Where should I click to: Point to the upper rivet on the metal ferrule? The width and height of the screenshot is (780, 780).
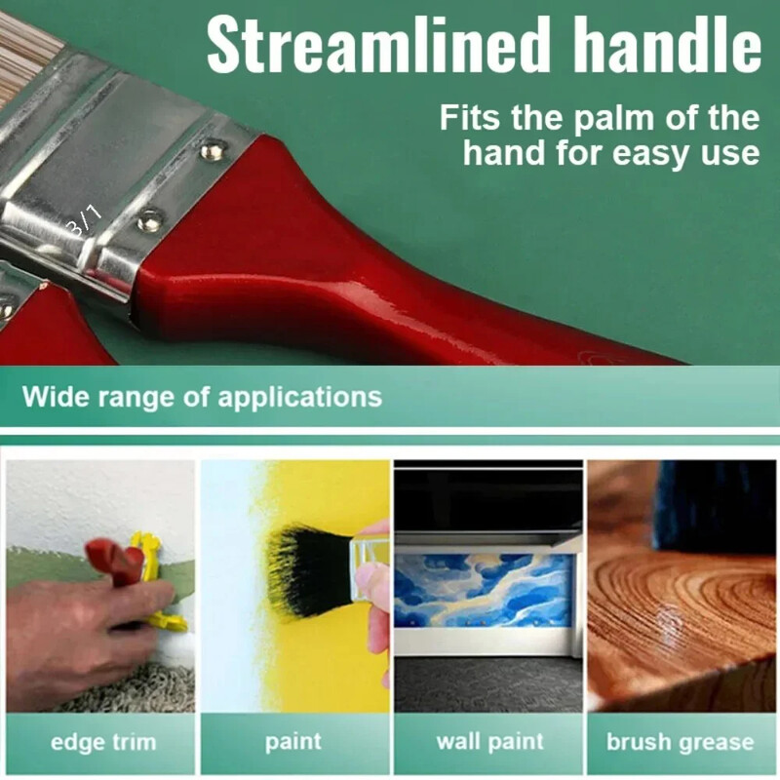pyautogui.click(x=210, y=149)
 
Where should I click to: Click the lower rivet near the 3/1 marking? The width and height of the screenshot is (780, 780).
pyautogui.click(x=149, y=219)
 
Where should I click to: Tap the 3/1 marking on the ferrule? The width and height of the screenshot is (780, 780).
pyautogui.click(x=86, y=220)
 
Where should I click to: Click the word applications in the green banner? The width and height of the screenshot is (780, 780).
pyautogui.click(x=299, y=397)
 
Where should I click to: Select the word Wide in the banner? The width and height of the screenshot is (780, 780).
pyautogui.click(x=52, y=397)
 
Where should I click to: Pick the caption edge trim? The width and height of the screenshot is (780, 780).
pyautogui.click(x=102, y=742)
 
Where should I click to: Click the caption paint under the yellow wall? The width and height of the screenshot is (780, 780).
pyautogui.click(x=293, y=742)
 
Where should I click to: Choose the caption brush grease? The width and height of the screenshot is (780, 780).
pyautogui.click(x=680, y=742)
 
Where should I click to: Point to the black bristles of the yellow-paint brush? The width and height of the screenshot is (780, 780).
pyautogui.click(x=306, y=565)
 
